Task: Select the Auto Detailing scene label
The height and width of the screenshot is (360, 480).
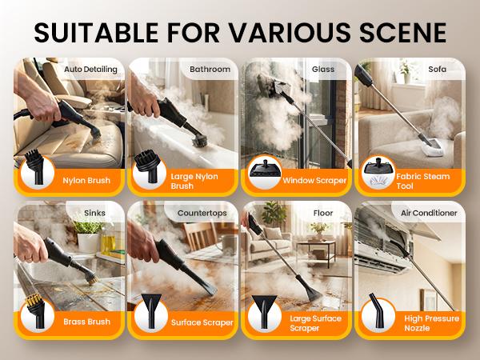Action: click(90, 70)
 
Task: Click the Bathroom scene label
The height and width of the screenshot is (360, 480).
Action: click(210, 70)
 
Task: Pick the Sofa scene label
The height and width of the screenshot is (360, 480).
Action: click(437, 70)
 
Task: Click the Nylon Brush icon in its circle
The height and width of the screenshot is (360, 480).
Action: click(36, 169)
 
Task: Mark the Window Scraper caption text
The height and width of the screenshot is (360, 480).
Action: click(315, 181)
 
